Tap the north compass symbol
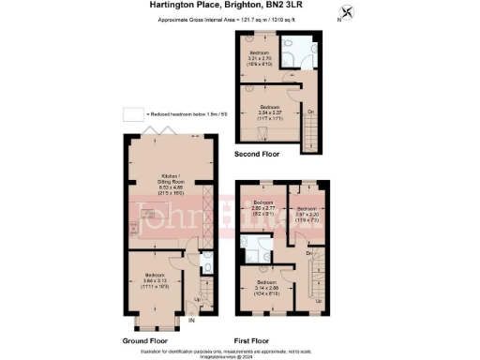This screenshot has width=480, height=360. click(350, 12)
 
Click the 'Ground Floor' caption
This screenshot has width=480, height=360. click(145, 341)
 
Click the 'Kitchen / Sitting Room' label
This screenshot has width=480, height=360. click(172, 180)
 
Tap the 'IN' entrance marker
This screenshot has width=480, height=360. click(191, 321)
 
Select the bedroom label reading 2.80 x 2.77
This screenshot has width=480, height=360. click(264, 208)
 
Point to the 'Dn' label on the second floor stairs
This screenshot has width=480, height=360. click(310, 112)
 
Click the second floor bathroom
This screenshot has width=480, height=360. click(301, 55)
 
